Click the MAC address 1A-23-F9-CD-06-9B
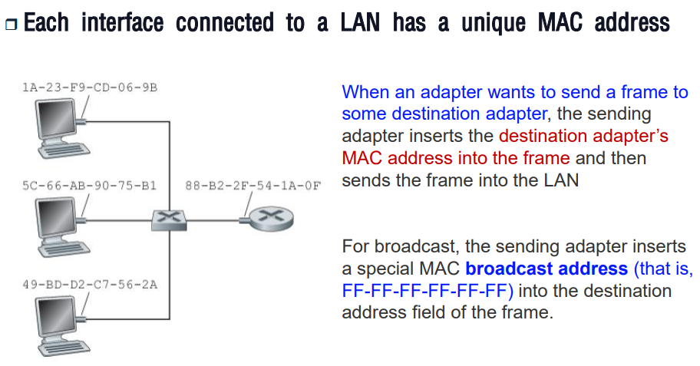pyautogui.click(x=90, y=88)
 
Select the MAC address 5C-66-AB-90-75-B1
pyautogui.click(x=90, y=185)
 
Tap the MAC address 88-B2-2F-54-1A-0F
pyautogui.click(x=253, y=185)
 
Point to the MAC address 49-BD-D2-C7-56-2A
pyautogui.click(x=90, y=285)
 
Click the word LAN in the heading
pyautogui.click(x=360, y=23)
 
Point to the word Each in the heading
pyautogui.click(x=47, y=23)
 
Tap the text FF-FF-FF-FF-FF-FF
pyautogui.click(x=427, y=292)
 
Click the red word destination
pyautogui.click(x=545, y=137)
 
